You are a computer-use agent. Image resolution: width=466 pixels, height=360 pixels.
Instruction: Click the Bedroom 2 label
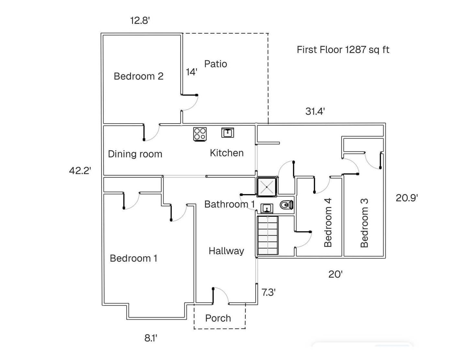point(139,76)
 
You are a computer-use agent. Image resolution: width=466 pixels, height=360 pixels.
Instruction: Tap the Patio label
point(216,64)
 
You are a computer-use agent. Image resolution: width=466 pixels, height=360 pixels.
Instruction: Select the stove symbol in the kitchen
point(200,134)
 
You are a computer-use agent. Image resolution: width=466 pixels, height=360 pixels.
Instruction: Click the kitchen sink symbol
point(227,133)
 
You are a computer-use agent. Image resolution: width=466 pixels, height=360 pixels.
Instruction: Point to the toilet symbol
point(286,205)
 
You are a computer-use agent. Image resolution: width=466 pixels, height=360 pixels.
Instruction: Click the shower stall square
point(267,187)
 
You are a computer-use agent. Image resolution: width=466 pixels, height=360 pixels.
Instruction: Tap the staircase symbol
point(268,235)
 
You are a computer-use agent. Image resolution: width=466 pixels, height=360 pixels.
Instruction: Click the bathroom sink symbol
point(267,208)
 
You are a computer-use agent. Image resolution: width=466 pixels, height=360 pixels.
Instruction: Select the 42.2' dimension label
point(80,171)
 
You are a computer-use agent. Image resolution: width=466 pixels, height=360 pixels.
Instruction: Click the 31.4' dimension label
point(315,111)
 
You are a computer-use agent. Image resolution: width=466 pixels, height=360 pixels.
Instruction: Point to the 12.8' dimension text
point(140,21)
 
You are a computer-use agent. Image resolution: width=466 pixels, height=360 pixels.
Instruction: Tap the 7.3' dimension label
point(269,292)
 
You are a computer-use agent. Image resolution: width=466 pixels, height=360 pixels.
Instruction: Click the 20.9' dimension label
point(407,198)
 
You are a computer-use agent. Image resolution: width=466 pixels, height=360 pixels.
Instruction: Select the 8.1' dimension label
point(151,338)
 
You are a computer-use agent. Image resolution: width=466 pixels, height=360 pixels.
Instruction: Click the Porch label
point(218,318)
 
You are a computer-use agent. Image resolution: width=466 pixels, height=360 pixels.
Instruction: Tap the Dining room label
point(135,154)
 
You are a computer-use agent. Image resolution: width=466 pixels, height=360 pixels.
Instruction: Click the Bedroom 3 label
point(364,223)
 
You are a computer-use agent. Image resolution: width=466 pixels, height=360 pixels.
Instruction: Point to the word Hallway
point(227,251)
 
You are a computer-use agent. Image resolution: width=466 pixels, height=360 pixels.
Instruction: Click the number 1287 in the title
point(355,50)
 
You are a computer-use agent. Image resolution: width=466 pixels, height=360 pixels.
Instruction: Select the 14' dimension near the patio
point(192,72)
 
